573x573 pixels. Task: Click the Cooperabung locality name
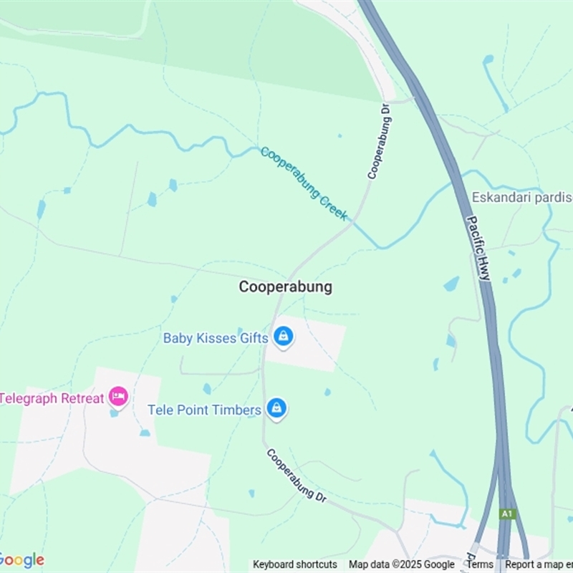285,286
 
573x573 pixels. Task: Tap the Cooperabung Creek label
304,183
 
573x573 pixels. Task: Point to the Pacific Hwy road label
478,247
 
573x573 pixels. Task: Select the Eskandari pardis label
522,197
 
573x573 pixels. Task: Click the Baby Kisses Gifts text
215,337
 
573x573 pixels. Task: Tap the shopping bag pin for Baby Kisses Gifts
284,336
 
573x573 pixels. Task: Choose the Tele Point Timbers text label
204,410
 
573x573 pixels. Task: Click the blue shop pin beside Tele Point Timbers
276,408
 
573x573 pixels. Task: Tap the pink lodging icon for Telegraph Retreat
118,396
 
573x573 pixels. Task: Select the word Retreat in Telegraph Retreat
80,398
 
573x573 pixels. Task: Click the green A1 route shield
508,514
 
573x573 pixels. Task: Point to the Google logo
21,560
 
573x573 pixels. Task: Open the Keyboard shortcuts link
294,564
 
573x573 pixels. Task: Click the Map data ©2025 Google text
401,564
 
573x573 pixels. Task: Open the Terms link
480,564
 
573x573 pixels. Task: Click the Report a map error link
539,564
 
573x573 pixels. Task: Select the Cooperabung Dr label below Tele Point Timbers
297,475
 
